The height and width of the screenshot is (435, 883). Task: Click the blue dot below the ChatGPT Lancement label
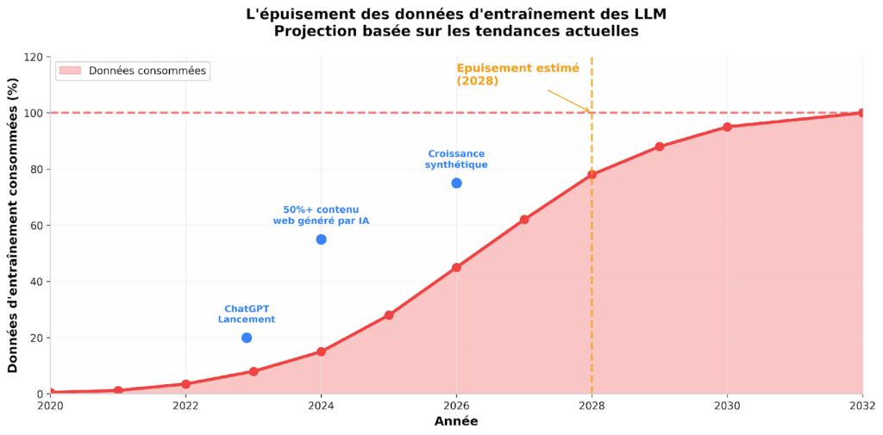[247, 338]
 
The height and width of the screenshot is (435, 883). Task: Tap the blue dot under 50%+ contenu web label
[321, 239]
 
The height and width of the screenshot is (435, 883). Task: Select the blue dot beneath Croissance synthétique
[456, 183]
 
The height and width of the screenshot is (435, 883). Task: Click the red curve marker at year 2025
[389, 315]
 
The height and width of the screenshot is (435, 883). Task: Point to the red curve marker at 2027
[524, 220]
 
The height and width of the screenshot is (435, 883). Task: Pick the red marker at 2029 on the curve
[660, 146]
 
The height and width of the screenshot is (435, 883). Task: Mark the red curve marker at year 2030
[727, 127]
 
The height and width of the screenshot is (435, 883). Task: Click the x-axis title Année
[455, 422]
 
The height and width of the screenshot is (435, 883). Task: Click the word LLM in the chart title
[648, 15]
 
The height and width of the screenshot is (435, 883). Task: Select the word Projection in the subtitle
[313, 32]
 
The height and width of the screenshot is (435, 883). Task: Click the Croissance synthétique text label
[456, 159]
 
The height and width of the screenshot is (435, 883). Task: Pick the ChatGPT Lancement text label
[247, 314]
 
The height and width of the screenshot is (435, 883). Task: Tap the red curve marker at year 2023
[254, 371]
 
